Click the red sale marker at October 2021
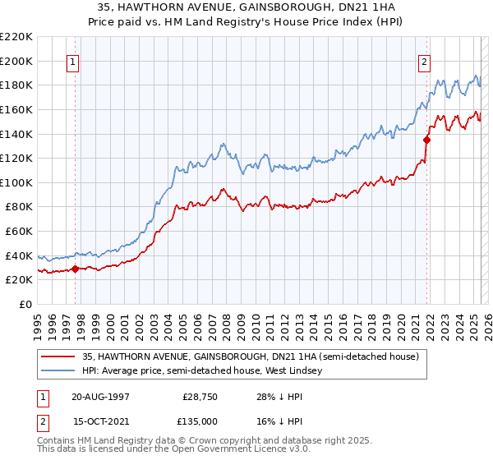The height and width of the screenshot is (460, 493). [427, 140]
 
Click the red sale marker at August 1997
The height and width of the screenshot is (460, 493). [75, 268]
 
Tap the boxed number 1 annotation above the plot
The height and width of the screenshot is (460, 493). [73, 60]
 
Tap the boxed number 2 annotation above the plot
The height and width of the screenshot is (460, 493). [425, 60]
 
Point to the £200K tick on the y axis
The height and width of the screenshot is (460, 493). [16, 61]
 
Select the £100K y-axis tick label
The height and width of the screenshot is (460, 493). [16, 182]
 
